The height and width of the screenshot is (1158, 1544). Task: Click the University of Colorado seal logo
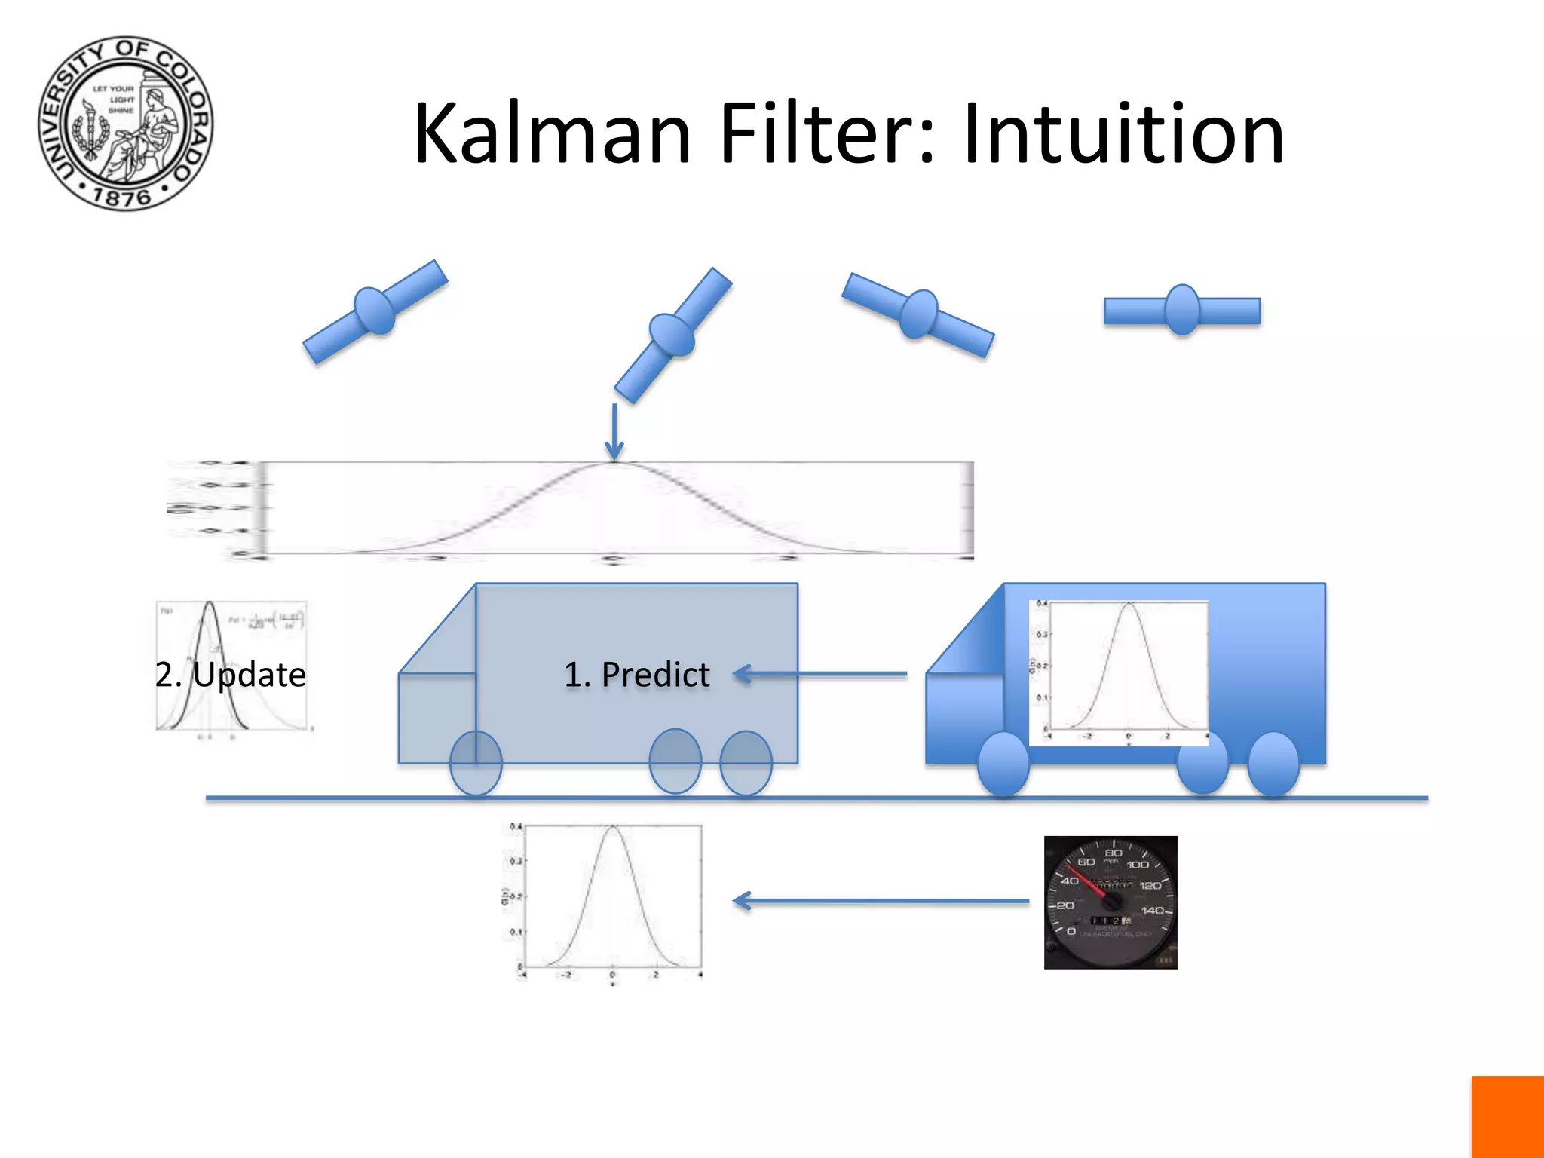point(126,123)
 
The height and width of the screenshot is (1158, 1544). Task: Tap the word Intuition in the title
point(1123,134)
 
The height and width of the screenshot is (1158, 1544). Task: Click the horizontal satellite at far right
point(1182,310)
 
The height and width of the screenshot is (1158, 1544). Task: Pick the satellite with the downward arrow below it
point(672,335)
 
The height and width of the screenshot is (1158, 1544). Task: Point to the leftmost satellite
point(375,311)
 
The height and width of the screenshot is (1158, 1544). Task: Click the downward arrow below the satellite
point(614,431)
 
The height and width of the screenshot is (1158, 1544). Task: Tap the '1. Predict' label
point(636,674)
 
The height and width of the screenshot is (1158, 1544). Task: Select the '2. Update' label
point(231,674)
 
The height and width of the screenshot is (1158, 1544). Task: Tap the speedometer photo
point(1111,902)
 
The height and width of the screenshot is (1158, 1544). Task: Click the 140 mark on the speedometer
point(1153,911)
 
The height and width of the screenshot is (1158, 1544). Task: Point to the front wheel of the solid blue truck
point(1003,764)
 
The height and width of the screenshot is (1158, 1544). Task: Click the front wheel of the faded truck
point(476,763)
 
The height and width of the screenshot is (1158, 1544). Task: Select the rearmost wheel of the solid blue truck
point(1273,764)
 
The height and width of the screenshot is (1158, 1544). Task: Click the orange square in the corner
point(1507,1117)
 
